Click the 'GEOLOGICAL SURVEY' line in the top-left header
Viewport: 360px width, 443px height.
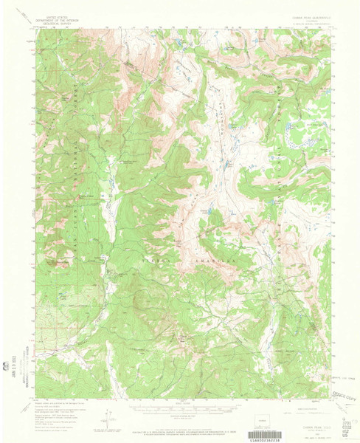[63, 24]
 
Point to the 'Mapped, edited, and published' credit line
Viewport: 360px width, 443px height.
[59, 405]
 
